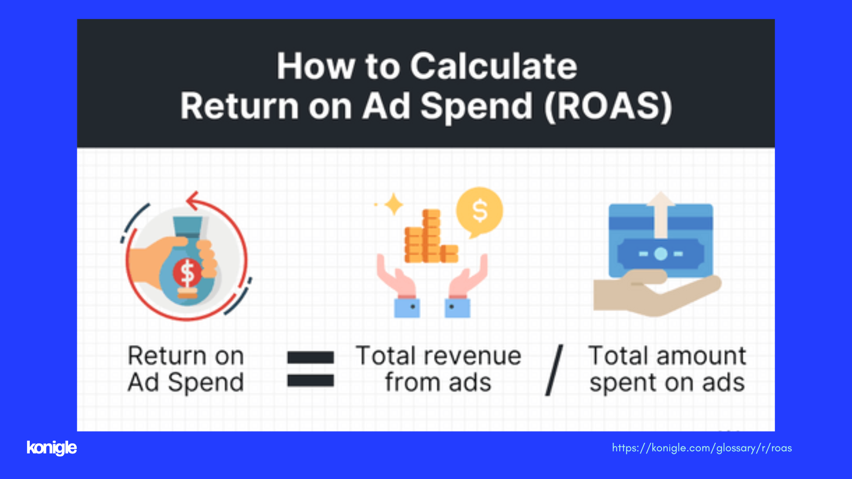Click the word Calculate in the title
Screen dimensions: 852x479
(x=493, y=66)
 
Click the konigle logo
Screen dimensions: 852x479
(x=52, y=448)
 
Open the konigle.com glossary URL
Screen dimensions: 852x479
(x=702, y=448)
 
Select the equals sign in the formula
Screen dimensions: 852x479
(x=310, y=369)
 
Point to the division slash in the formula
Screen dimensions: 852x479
(x=554, y=370)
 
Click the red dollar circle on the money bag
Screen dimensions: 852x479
(x=187, y=272)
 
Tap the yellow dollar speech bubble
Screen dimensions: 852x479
(x=480, y=212)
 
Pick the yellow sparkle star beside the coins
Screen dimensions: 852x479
(x=394, y=204)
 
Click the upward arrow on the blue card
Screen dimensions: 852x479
(x=661, y=215)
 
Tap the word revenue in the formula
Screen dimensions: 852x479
(x=473, y=357)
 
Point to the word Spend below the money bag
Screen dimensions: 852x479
(x=206, y=383)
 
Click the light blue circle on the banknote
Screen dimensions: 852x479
(x=661, y=253)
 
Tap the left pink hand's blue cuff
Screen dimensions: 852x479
(x=407, y=308)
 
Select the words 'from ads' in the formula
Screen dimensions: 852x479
(x=438, y=383)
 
